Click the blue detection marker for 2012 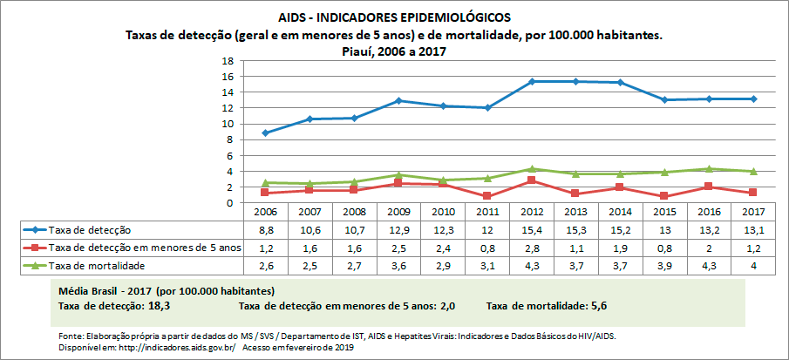pyautogui.click(x=532, y=81)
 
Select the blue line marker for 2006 pyautogui.click(x=265, y=133)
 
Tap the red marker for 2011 pyautogui.click(x=487, y=196)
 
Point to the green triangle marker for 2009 pyautogui.click(x=398, y=175)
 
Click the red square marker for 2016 pyautogui.click(x=710, y=187)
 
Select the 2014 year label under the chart pyautogui.click(x=621, y=213)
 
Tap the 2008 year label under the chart pyautogui.click(x=354, y=213)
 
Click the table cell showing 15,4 pyautogui.click(x=532, y=230)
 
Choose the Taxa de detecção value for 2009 pyautogui.click(x=398, y=230)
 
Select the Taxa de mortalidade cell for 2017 pyautogui.click(x=753, y=265)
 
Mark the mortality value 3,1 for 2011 pyautogui.click(x=487, y=265)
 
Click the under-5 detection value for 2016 pyautogui.click(x=710, y=248)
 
